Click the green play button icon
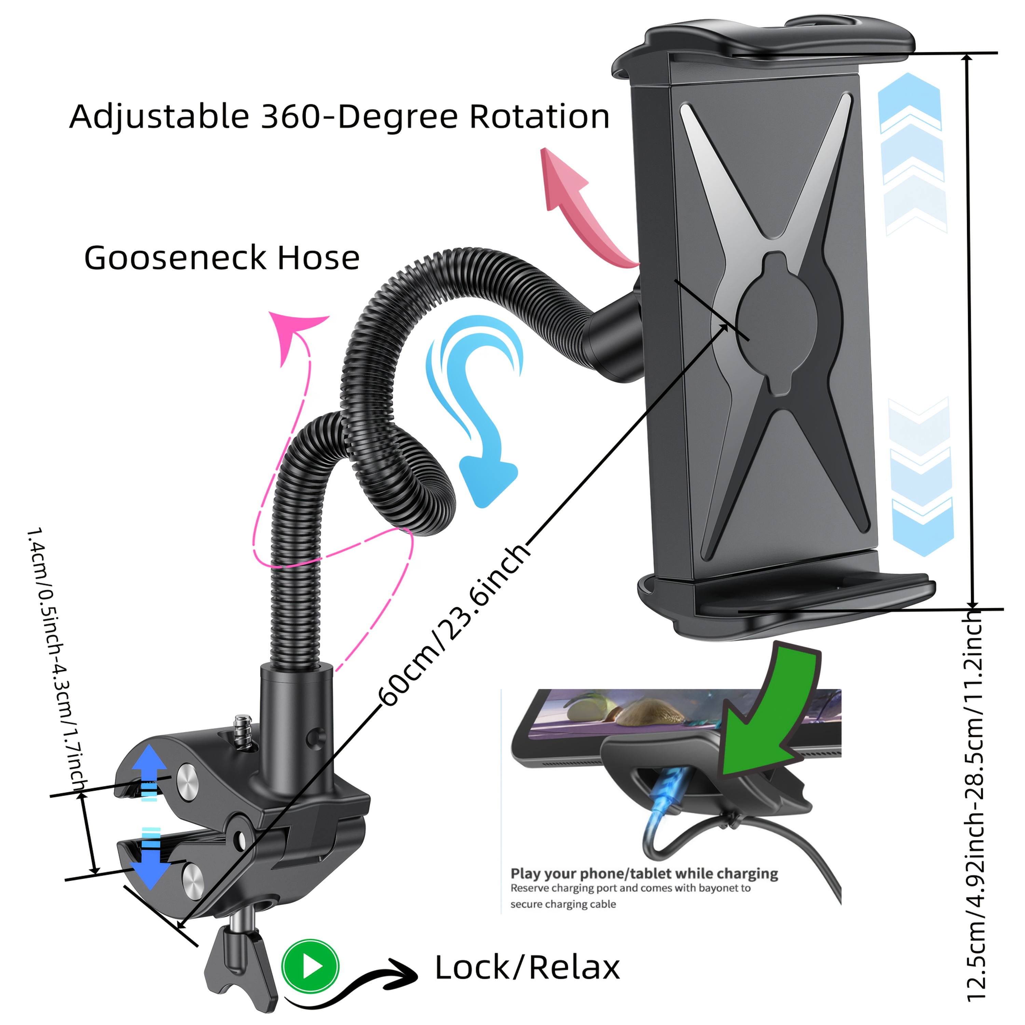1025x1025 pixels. [310, 967]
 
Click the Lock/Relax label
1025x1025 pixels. [527, 968]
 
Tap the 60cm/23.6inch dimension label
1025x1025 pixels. [454, 626]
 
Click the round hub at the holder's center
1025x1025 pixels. [776, 324]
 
